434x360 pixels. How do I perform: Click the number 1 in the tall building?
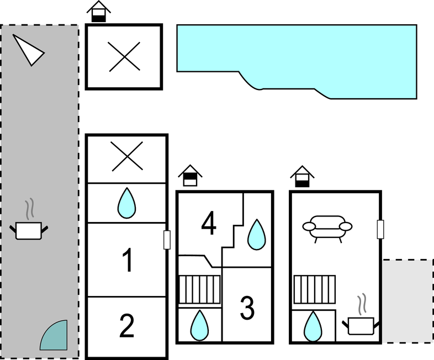click(128, 260)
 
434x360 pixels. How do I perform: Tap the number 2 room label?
click(127, 326)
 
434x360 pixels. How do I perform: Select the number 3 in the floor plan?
click(247, 308)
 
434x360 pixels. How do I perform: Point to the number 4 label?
click(209, 223)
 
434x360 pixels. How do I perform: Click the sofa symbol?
click(327, 229)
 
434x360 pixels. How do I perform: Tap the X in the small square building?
click(124, 57)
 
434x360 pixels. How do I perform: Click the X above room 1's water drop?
click(127, 156)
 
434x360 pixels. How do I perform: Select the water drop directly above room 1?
click(127, 203)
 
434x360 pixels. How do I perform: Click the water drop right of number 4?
click(257, 235)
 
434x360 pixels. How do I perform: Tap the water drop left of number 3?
click(199, 325)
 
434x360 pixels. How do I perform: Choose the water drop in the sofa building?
click(313, 326)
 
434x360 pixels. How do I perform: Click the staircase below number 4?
click(199, 289)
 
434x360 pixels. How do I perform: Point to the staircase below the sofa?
click(314, 289)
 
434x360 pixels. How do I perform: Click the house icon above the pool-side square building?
click(98, 12)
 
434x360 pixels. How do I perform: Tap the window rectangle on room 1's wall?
click(167, 240)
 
